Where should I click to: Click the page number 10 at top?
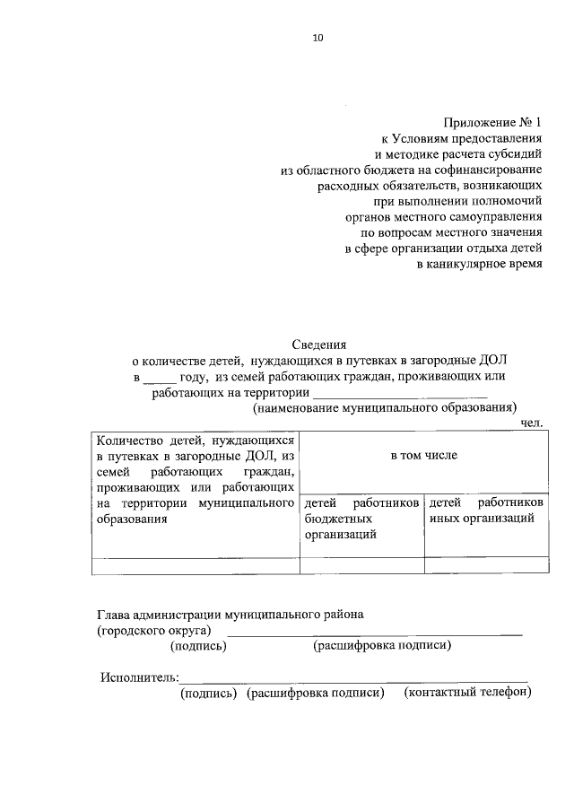coord(317,38)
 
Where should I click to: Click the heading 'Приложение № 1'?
coord(493,121)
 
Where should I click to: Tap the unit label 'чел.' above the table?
coord(533,423)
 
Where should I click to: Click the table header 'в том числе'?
coord(423,455)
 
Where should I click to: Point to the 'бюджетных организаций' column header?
coord(362,520)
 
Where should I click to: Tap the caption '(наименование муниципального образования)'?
coord(385,408)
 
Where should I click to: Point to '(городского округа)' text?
coord(154,631)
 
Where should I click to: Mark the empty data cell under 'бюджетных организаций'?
coord(361,565)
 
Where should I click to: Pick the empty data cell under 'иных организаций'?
coord(486,565)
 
